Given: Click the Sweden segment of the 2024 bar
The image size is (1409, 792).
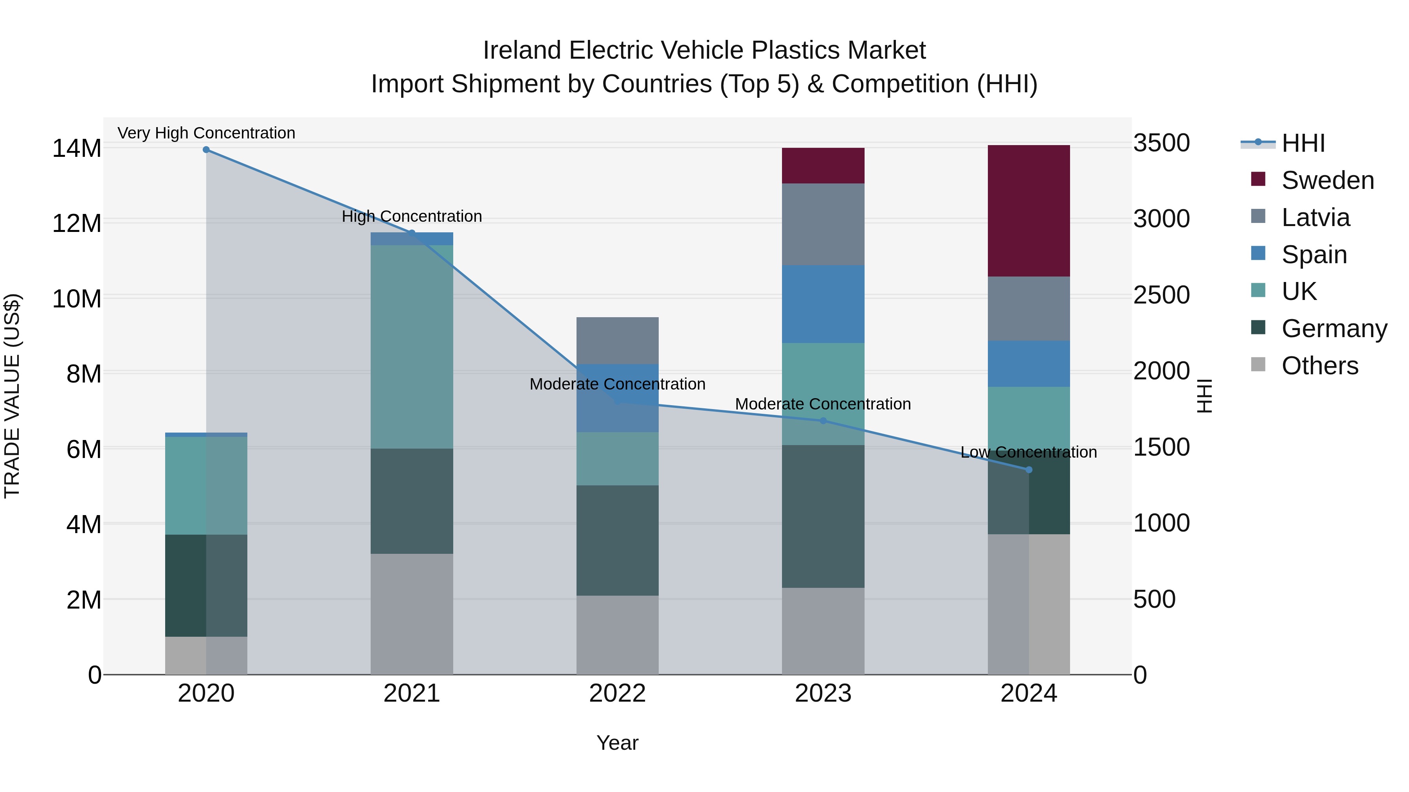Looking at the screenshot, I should pos(1028,210).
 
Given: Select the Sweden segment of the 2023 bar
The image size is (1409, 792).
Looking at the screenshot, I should pos(823,165).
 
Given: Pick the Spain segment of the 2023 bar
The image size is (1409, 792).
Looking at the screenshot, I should pos(823,304).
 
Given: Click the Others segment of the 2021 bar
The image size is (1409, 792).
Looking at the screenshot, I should pos(411,613).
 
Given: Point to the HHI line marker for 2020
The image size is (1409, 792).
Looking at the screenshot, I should pos(206,149).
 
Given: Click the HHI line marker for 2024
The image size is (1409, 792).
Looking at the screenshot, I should pos(1028,469).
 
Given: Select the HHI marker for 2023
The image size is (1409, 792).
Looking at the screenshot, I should pos(823,420).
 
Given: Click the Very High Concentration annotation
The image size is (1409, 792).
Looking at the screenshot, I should pos(206,133).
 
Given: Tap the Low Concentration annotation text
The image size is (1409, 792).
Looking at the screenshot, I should pos(1028,452).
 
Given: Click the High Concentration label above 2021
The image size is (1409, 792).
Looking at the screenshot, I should pos(411,216).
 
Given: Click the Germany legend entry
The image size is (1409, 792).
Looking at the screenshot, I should pos(1333,329).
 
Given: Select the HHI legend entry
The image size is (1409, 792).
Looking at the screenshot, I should pos(1303,143).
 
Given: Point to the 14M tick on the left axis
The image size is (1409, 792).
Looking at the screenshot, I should pos(77,148).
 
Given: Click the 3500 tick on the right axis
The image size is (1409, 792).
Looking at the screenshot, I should pos(1161,143).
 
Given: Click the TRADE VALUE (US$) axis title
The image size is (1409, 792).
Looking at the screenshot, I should pos(12,396).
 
